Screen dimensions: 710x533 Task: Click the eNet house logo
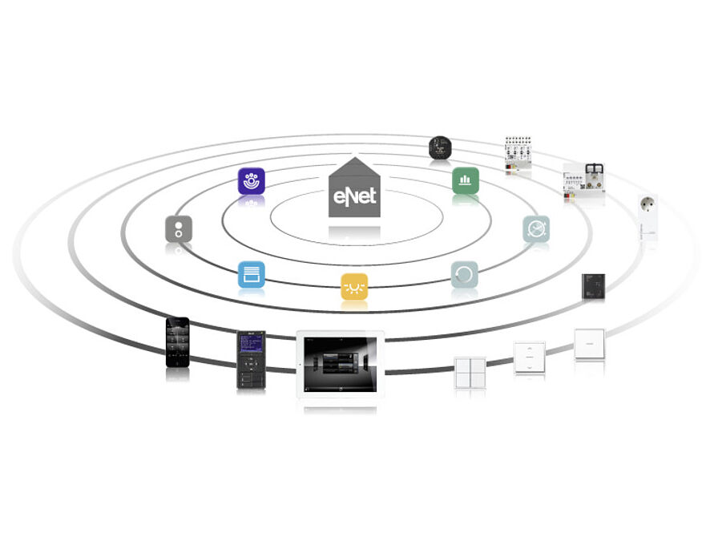pos(354,188)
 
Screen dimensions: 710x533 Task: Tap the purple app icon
pos(252,181)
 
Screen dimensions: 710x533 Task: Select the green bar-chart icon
pos(466,180)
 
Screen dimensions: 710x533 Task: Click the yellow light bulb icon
pos(354,287)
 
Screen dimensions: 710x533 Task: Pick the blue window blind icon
pos(252,274)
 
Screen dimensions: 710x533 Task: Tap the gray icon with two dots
pos(179,229)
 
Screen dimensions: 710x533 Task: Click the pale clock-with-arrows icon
pos(536,229)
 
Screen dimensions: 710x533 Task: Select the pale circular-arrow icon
pos(465,274)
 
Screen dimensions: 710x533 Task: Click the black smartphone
pos(178,342)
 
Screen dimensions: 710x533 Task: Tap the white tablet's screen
pos(340,365)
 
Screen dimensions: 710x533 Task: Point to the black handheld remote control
pos(251,360)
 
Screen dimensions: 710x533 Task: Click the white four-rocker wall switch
pos(470,373)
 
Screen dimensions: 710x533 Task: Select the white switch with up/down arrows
pos(530,357)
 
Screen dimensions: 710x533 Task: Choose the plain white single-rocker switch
pos(590,344)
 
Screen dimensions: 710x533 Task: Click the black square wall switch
pos(593,286)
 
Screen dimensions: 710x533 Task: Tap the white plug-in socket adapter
pos(647,217)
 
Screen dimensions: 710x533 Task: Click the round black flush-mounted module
pos(440,147)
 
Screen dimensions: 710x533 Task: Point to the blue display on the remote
pos(252,344)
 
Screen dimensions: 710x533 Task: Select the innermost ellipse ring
pos(357,245)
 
